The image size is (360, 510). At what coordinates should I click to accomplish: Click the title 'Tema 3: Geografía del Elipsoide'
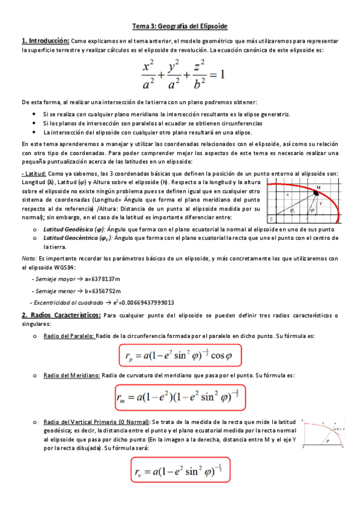pyautogui.click(x=180, y=27)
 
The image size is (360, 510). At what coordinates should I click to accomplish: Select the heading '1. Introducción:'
pyautogui.click(x=45, y=41)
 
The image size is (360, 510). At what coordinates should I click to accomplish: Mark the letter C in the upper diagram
pyautogui.click(x=272, y=218)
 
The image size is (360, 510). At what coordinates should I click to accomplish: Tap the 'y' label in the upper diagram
pyautogui.click(x=320, y=204)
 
